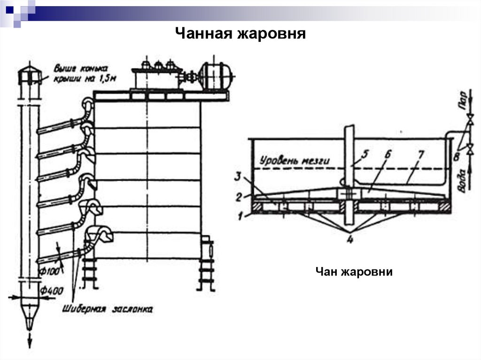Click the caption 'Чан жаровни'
coord(354,272)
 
